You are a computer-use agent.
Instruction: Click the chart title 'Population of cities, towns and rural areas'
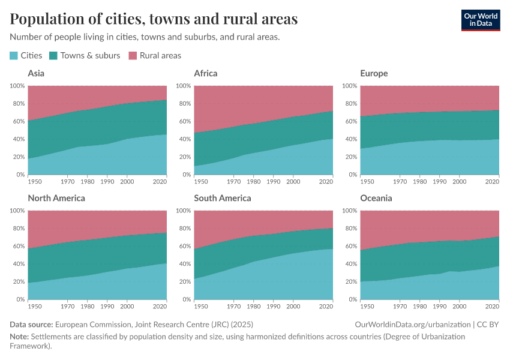[x=154, y=19]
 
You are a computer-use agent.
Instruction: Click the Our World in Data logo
[x=480, y=19]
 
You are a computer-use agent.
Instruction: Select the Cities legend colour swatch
[x=14, y=56]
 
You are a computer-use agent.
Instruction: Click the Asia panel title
[x=36, y=74]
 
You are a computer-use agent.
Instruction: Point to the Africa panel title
[x=206, y=74]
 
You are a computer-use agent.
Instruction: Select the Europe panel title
[x=374, y=74]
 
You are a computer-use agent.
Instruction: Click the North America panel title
[x=56, y=198]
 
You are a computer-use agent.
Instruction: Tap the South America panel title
[x=223, y=198]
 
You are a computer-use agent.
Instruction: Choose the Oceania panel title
[x=376, y=198]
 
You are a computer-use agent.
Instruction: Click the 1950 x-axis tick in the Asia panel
[x=35, y=181]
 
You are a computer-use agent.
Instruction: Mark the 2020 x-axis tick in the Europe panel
[x=492, y=181]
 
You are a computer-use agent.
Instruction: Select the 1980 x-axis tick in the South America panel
[x=254, y=306]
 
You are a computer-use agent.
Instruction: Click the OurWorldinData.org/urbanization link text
[x=413, y=325]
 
